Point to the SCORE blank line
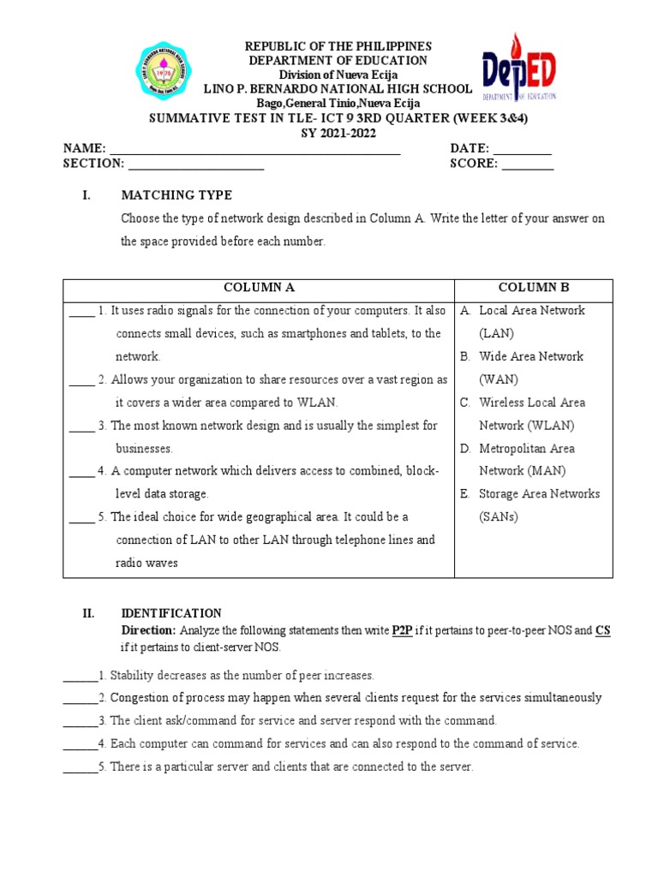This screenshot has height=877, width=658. [x=528, y=164]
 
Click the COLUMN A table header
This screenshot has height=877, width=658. [x=259, y=288]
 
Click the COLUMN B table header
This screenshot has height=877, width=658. [x=533, y=288]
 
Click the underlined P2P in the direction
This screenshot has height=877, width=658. [x=402, y=630]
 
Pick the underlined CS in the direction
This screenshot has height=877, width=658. [x=603, y=630]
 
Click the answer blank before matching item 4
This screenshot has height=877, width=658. [x=81, y=471]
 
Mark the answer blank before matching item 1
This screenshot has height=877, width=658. [x=81, y=310]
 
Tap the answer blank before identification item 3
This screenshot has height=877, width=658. [x=80, y=720]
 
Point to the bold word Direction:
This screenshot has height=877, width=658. [x=149, y=630]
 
